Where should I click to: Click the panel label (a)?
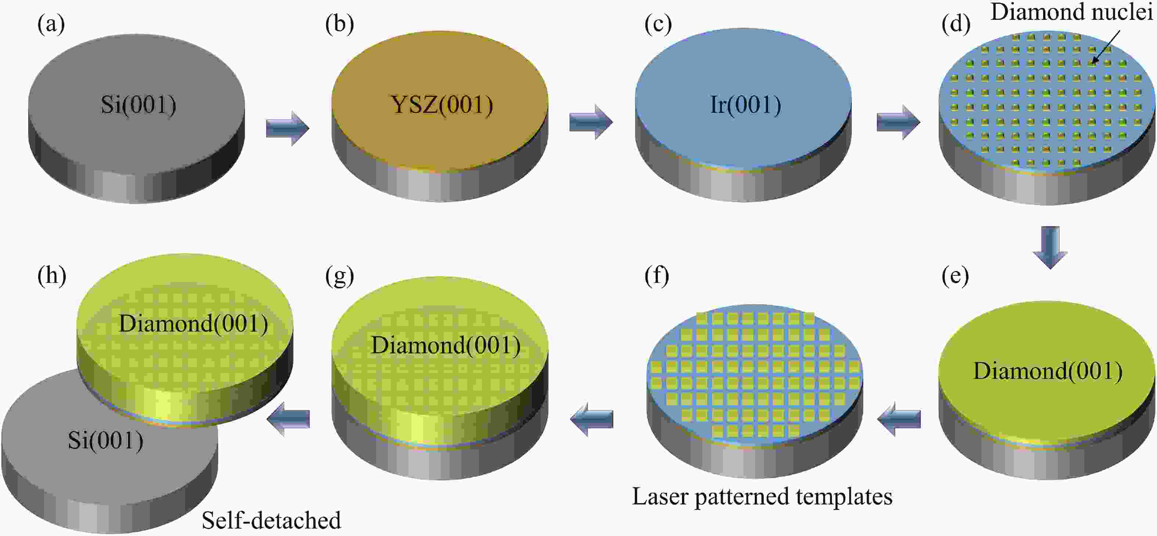point(51,24)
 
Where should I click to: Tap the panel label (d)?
point(955,24)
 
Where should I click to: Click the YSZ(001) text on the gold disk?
point(442,105)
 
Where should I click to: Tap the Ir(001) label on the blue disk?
point(746,105)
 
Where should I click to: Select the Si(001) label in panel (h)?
point(105,440)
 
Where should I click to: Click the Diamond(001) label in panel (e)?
point(1048,371)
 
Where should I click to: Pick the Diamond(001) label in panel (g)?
point(446,345)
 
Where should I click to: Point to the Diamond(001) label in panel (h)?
point(193,323)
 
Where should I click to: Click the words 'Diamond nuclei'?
point(1072,12)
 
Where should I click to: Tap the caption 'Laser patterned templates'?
point(762,496)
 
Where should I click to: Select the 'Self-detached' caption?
point(271,520)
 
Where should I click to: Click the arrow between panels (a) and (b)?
point(288,128)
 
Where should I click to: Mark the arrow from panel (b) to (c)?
point(591,122)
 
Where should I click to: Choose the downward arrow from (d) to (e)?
point(1050,248)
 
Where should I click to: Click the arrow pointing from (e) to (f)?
point(899,419)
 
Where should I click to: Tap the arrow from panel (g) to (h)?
point(288,419)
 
